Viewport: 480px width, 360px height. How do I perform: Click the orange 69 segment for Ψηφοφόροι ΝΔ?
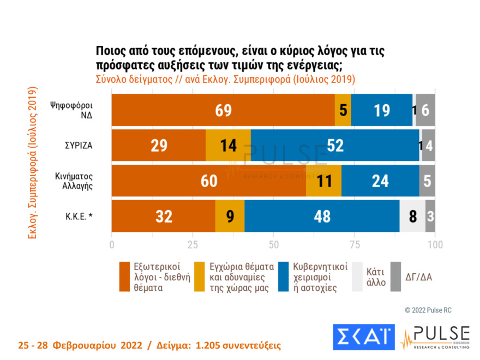[223, 110]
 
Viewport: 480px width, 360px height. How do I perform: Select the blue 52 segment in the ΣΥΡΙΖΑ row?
[335, 146]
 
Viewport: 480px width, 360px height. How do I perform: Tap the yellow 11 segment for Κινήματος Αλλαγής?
[323, 181]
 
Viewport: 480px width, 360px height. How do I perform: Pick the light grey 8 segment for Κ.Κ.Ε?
[412, 217]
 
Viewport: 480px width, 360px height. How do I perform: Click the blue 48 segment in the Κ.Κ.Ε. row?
[322, 217]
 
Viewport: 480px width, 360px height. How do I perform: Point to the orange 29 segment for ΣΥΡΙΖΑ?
[159, 146]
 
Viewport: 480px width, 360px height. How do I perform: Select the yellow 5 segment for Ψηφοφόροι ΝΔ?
[343, 110]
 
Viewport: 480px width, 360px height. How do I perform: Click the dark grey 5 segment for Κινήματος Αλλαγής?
[427, 181]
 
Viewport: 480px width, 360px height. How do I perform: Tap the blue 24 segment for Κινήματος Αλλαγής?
[380, 181]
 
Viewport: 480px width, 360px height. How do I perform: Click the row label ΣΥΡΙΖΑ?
[79, 146]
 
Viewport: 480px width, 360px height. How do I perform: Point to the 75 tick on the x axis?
[354, 244]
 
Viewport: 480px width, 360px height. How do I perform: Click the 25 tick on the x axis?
[193, 244]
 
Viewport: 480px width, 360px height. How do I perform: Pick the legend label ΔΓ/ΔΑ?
[418, 277]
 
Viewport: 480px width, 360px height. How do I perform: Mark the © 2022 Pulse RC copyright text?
[428, 310]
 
